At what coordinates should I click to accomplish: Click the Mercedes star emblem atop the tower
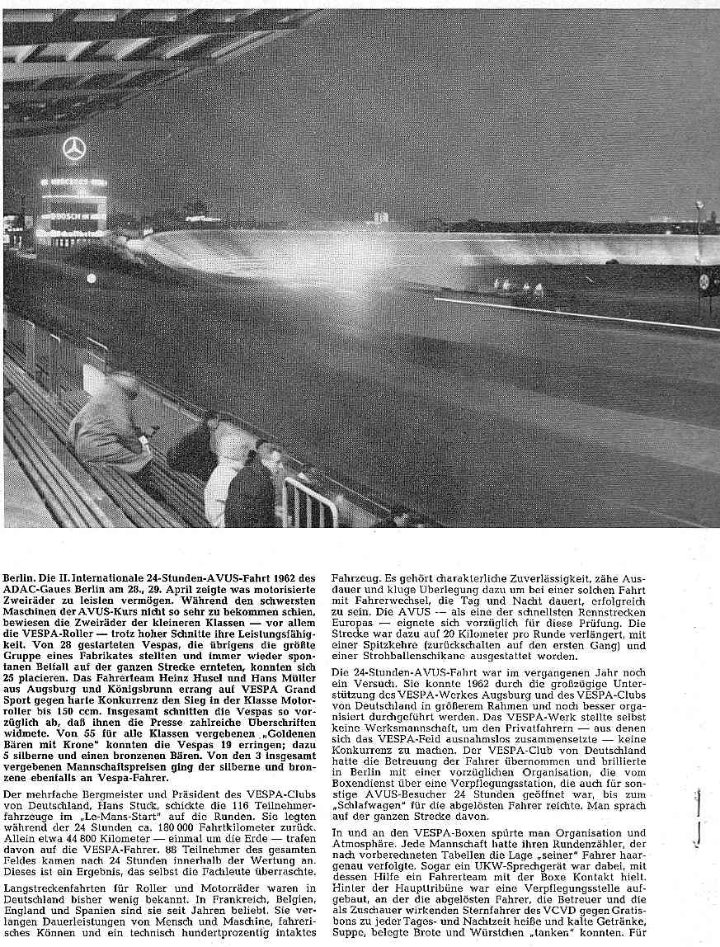point(74,149)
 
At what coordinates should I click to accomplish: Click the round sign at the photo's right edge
point(705,280)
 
